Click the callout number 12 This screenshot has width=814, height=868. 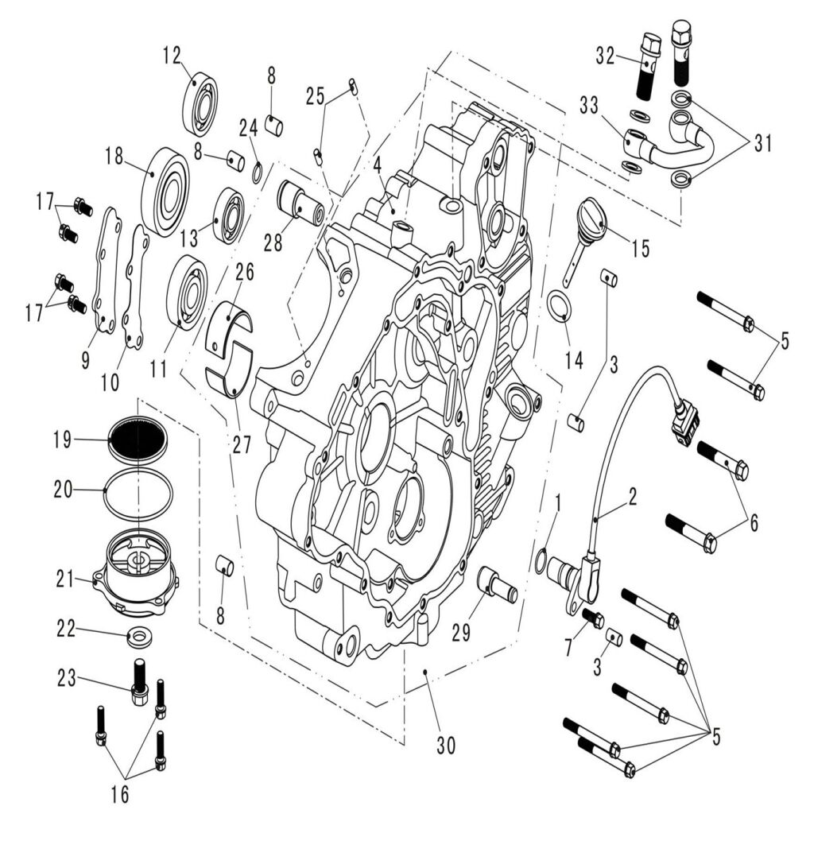(172, 55)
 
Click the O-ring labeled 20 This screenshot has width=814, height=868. (138, 492)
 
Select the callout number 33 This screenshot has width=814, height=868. (589, 105)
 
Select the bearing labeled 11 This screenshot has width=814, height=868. (188, 292)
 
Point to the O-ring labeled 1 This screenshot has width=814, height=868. (541, 561)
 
